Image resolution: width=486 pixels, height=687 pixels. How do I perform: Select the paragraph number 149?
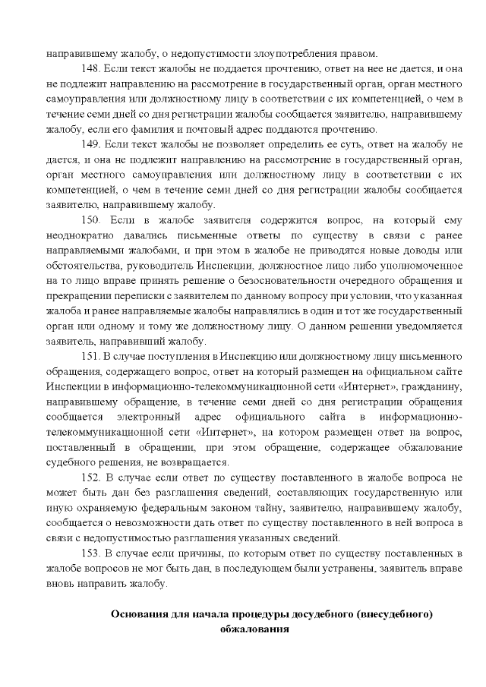tap(90, 147)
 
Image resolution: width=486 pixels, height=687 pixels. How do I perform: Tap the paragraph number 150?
tap(92, 220)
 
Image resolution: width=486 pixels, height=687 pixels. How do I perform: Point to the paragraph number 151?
tap(90, 355)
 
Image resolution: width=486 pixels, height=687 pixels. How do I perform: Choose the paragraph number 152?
tap(90, 477)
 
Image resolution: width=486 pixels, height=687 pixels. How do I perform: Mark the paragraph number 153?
tap(90, 555)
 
